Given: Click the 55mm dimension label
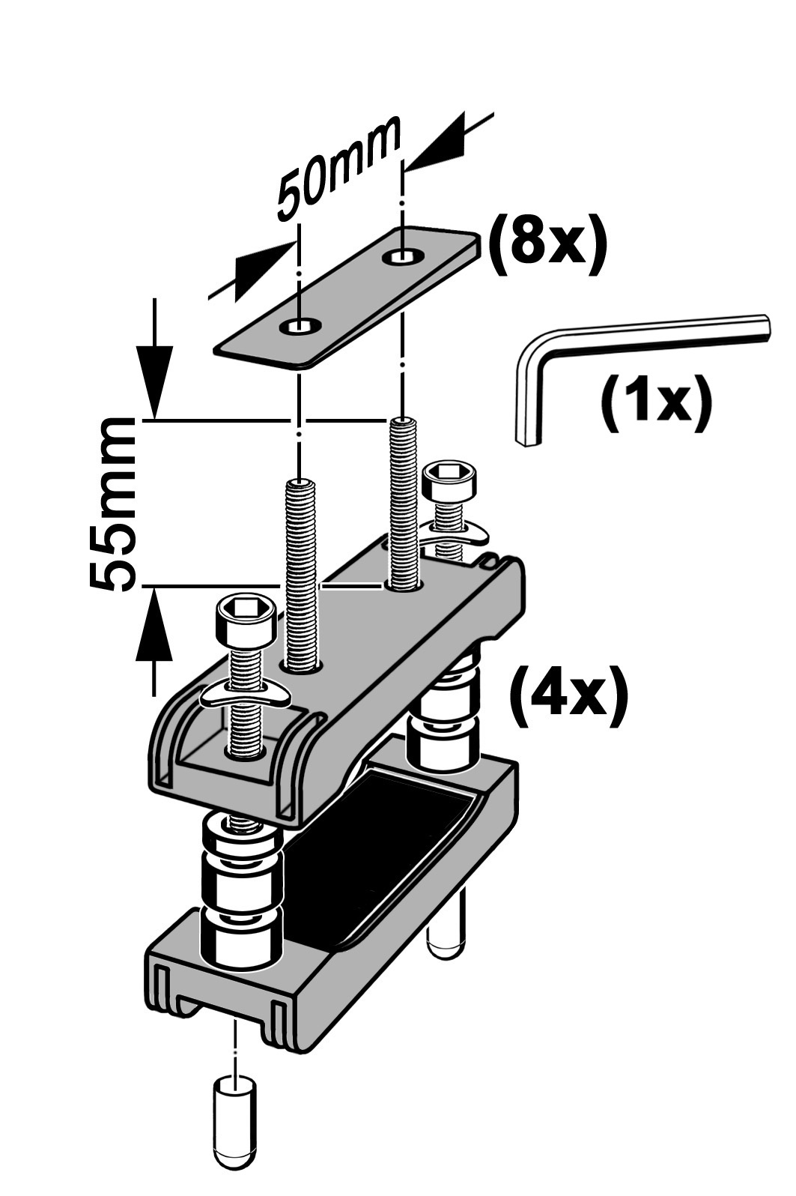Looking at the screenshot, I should pyautogui.click(x=112, y=504).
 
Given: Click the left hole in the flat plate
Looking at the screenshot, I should pyautogui.click(x=300, y=326).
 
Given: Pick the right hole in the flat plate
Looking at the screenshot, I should pyautogui.click(x=403, y=257).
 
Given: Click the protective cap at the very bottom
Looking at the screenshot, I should pyautogui.click(x=235, y=1138).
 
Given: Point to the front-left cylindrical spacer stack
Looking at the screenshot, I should pyautogui.click(x=241, y=892).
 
